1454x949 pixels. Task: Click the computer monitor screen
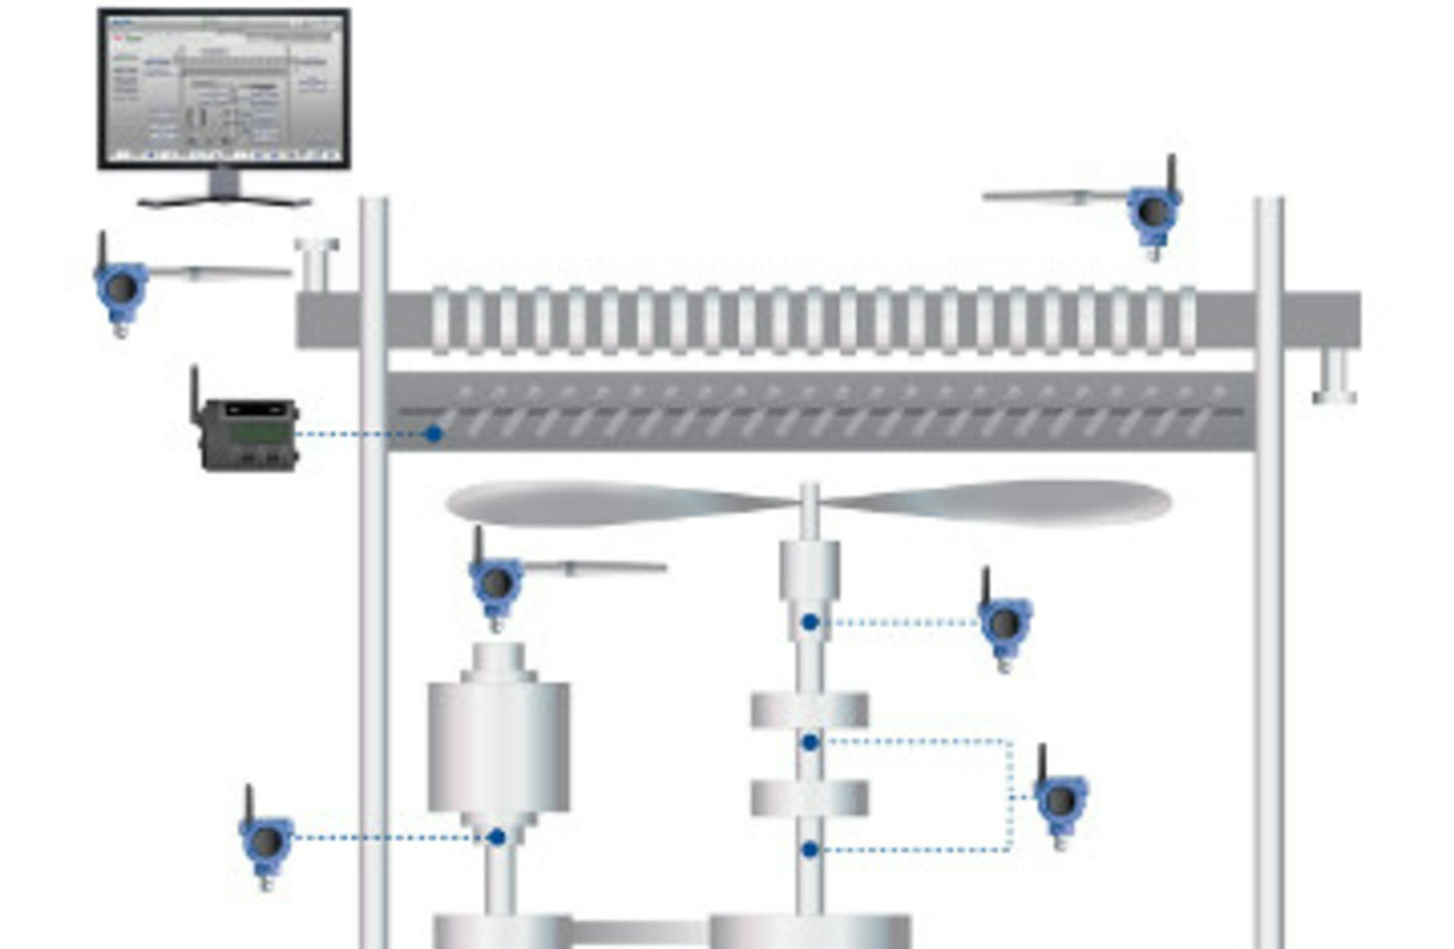[224, 87]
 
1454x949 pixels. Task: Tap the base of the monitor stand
[224, 201]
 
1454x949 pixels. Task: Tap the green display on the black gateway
[260, 432]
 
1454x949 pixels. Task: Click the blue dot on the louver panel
[433, 434]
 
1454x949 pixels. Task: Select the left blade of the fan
[606, 502]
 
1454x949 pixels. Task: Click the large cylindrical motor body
[498, 746]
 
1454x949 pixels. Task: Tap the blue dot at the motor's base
[497, 837]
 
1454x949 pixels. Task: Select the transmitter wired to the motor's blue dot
[266, 841]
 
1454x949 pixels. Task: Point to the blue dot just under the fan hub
[810, 623]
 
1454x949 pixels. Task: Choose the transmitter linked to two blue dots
[1060, 799]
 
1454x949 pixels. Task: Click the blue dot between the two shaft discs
[810, 743]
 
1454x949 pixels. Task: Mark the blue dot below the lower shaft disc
[810, 850]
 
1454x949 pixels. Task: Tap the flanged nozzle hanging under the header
[1334, 376]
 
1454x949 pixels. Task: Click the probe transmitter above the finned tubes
[1153, 212]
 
